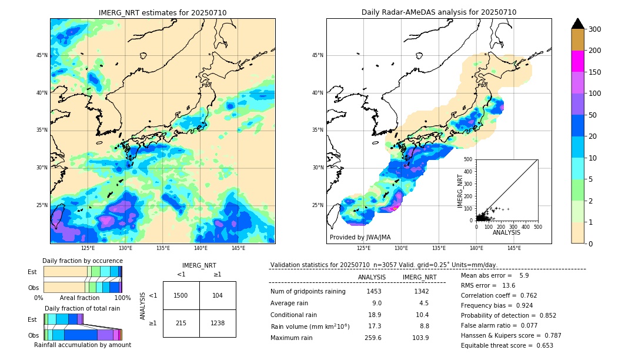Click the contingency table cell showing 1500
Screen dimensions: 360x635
click(181, 295)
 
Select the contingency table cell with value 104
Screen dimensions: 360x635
click(218, 295)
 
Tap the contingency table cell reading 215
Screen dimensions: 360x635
click(181, 323)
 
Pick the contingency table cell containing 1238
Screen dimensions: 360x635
click(218, 323)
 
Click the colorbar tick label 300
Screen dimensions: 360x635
click(595, 29)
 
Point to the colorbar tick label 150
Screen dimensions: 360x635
click(595, 72)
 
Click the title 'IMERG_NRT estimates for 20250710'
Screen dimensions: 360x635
click(162, 12)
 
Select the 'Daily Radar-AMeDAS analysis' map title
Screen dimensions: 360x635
click(439, 12)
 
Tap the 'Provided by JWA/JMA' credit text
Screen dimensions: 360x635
click(360, 237)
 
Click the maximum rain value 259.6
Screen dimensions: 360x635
click(373, 338)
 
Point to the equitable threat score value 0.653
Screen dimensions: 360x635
click(542, 345)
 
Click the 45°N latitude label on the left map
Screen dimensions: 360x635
click(42, 55)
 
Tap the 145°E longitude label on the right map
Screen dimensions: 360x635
click(514, 248)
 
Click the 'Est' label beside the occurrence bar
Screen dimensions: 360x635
click(32, 272)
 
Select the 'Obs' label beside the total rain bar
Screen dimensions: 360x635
click(34, 335)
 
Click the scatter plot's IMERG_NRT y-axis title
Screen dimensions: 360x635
click(461, 189)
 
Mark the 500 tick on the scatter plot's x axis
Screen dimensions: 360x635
click(537, 226)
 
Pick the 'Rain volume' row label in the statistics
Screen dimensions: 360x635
click(310, 326)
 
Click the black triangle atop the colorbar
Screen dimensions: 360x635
click(578, 24)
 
